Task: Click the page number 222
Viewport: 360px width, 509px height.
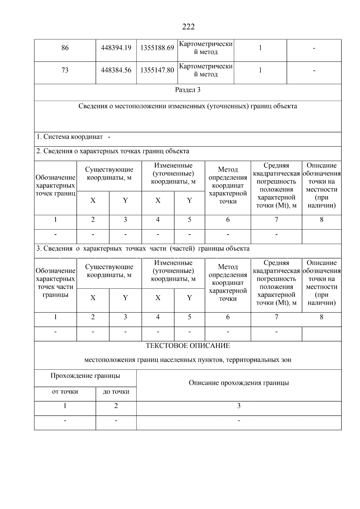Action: pos(188,27)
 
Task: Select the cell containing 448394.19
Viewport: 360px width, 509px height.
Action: pos(116,48)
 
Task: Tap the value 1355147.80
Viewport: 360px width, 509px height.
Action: pos(157,70)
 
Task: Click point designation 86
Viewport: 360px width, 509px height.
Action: pos(65,48)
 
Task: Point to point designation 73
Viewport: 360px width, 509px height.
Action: pos(65,70)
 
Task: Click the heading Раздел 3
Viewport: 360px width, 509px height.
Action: pos(188,90)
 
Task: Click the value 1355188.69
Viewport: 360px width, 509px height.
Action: pos(157,48)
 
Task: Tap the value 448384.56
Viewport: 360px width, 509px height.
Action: pos(116,70)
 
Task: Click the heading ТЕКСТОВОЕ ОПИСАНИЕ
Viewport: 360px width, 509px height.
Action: pos(188,346)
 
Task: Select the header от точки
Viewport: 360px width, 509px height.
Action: pos(65,392)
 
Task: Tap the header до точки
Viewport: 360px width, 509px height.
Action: pos(116,392)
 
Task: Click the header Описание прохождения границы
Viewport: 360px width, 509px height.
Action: pos(239,383)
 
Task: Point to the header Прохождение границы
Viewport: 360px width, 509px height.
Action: pos(85,376)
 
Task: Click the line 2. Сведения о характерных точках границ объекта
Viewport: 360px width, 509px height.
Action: pos(113,151)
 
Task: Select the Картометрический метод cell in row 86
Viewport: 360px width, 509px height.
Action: pos(206,48)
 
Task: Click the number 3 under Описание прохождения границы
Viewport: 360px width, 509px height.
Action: pos(239,406)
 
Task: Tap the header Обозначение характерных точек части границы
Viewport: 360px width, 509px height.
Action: pos(55,283)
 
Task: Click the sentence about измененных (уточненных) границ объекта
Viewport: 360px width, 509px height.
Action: pos(188,106)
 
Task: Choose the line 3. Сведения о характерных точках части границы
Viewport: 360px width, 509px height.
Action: pos(143,249)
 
